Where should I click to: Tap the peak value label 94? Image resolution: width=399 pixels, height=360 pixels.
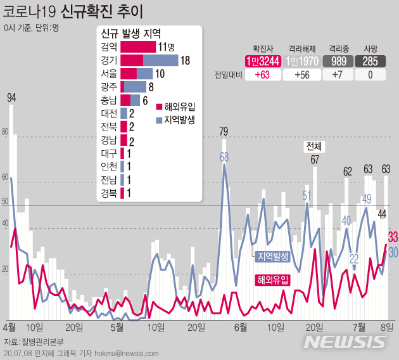click(x=11, y=98)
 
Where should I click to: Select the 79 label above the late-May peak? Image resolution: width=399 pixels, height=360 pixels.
click(x=224, y=132)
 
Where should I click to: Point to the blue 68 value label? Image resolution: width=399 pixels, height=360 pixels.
click(x=224, y=156)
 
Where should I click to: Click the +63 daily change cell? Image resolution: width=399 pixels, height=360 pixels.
click(x=262, y=75)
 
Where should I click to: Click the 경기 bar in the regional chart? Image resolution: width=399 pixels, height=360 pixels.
click(x=149, y=60)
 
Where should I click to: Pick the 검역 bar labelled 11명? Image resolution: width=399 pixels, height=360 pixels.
click(x=137, y=47)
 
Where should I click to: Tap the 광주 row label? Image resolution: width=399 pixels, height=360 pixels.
click(x=108, y=87)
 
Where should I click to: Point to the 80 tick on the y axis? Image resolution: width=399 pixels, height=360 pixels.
click(x=6, y=132)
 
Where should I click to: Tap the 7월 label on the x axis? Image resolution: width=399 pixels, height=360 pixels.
click(x=359, y=327)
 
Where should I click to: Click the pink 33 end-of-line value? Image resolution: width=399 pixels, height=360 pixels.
click(x=393, y=237)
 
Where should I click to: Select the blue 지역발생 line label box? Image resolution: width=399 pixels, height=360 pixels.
click(x=272, y=256)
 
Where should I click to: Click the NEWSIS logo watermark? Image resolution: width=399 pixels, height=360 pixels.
click(x=345, y=340)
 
